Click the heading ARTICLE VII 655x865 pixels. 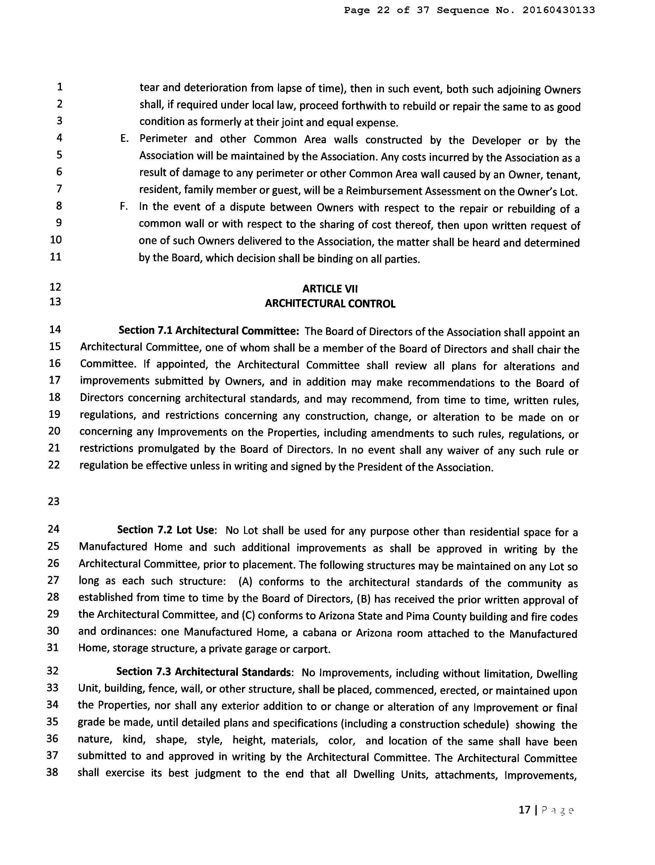coord(330,289)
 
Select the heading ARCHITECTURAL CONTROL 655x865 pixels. coord(330,304)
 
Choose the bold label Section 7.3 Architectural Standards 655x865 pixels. coord(204,672)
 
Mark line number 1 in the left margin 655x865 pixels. coord(59,86)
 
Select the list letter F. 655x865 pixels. coord(123,206)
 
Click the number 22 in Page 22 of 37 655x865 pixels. coord(383,10)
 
